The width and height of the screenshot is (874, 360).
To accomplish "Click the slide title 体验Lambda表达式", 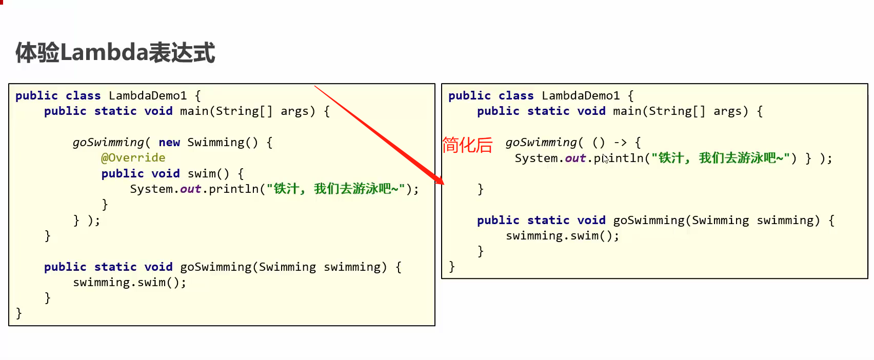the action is (x=115, y=53).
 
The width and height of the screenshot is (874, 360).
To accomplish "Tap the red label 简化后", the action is (x=467, y=145).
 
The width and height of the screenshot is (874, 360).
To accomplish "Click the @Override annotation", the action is (x=133, y=157).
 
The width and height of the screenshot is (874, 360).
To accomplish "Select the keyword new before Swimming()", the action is (x=169, y=142).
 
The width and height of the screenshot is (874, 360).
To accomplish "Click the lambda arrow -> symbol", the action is (x=620, y=142).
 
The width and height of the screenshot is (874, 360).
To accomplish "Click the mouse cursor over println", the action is (x=606, y=158).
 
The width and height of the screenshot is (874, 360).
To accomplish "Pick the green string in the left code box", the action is (x=335, y=189).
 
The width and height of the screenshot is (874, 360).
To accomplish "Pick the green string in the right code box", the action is (x=720, y=158).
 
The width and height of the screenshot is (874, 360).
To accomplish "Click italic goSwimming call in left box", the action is (x=108, y=142).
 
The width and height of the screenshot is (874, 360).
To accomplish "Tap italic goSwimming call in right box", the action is (x=541, y=142).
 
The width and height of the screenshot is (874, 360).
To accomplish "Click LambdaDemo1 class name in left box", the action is (x=148, y=95).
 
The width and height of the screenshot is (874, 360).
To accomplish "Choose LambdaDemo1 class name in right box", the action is (x=581, y=95).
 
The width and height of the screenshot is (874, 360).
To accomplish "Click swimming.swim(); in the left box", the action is (x=129, y=282).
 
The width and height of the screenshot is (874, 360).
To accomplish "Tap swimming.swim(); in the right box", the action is (x=562, y=235).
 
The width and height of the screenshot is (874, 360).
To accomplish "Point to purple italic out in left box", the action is (x=190, y=189).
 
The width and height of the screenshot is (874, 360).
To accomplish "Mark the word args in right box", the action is (x=727, y=111).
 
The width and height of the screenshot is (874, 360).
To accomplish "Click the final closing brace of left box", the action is (x=19, y=313).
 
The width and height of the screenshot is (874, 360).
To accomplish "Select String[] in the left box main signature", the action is (x=244, y=111).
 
